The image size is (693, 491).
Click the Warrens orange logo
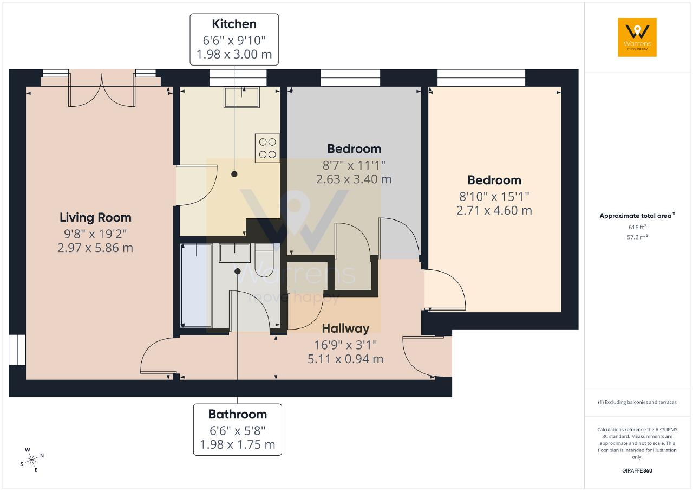[x=637, y=37]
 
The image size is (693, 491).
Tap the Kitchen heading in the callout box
[x=234, y=24]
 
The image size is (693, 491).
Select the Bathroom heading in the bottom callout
[x=238, y=414]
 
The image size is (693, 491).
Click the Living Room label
[x=95, y=218]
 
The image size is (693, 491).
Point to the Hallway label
[x=345, y=329]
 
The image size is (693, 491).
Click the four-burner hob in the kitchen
[x=267, y=148]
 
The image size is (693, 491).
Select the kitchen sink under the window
[x=241, y=97]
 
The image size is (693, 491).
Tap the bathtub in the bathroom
[x=197, y=285]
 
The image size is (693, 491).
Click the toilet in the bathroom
[x=264, y=260]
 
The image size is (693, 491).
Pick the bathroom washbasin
[x=234, y=253]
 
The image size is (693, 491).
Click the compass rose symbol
[x=31, y=460]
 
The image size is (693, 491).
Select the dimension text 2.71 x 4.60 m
[x=494, y=211]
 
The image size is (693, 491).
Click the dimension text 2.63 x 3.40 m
[x=354, y=179]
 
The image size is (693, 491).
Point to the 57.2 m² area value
[x=637, y=237]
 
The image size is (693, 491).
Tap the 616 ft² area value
[x=637, y=227]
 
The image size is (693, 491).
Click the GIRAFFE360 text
[x=637, y=471]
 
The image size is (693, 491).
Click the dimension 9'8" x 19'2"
[x=95, y=234]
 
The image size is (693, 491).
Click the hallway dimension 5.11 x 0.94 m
[x=345, y=359]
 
